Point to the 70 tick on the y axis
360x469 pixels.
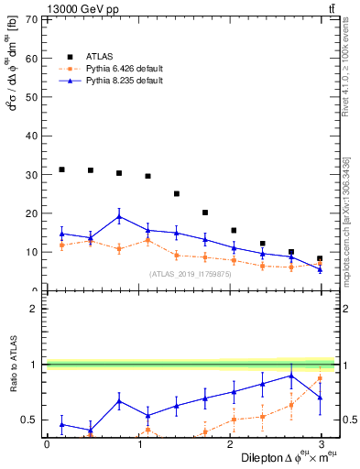point(32,19)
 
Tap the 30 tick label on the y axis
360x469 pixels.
point(32,174)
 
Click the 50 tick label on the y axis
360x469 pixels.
point(32,97)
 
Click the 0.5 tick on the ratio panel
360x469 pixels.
point(29,420)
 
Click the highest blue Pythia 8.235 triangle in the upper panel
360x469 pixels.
point(119,217)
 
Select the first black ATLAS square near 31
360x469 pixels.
point(61,169)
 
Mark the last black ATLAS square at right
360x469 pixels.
point(320,259)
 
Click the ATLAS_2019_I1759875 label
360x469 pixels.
point(189,274)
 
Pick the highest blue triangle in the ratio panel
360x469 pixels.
point(291,376)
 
